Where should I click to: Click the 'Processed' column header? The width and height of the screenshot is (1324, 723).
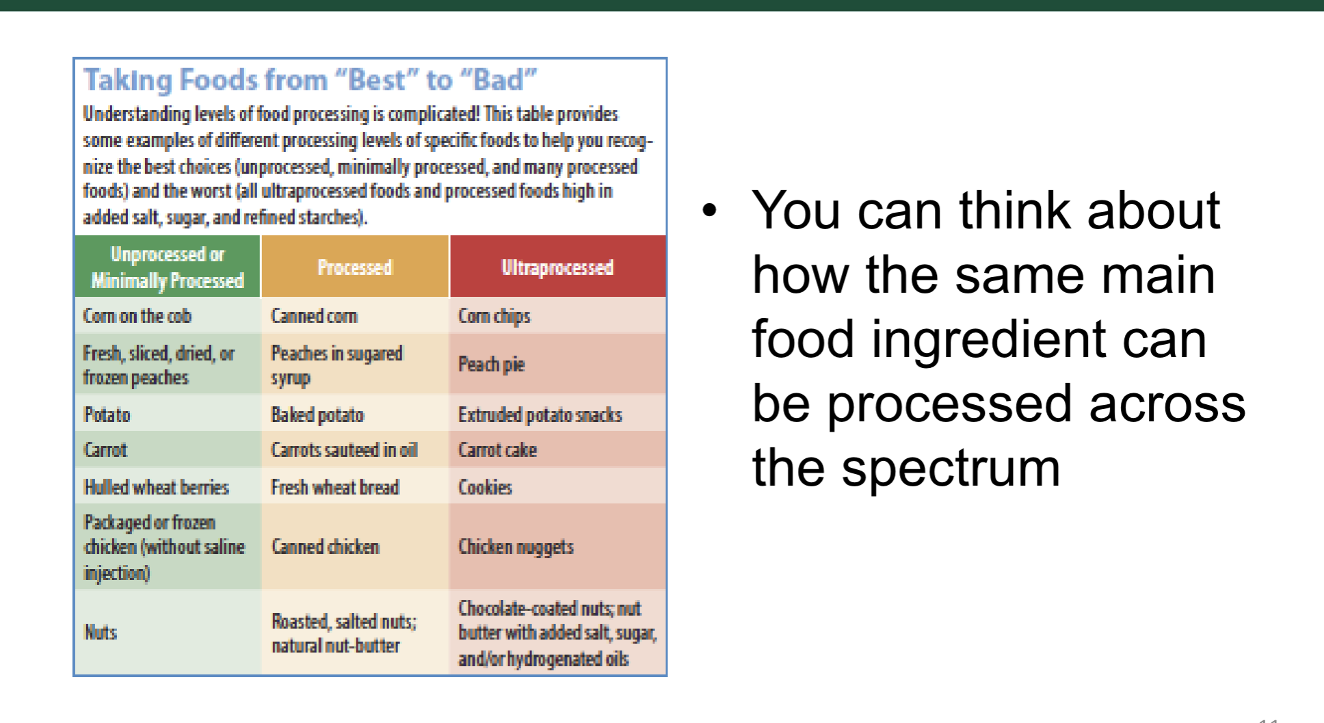click(355, 267)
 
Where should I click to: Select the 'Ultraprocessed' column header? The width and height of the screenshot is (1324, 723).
click(557, 267)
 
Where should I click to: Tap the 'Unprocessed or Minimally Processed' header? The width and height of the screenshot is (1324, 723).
click(168, 267)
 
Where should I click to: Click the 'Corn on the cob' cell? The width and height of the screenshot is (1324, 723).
click(168, 315)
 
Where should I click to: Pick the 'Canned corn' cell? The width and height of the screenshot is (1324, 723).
click(355, 315)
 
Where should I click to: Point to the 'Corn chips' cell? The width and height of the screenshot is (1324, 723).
click(557, 315)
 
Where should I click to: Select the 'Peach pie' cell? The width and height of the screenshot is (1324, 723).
click(557, 364)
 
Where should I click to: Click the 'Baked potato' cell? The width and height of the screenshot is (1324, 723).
click(355, 415)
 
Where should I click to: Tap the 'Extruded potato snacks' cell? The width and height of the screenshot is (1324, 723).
click(557, 415)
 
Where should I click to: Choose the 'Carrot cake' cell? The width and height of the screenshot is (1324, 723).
click(557, 449)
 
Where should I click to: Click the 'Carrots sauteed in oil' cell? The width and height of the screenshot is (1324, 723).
click(355, 449)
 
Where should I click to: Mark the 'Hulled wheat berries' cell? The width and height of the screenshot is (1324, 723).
click(168, 486)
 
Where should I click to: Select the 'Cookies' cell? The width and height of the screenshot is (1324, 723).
click(557, 486)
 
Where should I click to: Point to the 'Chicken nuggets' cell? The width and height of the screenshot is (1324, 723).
click(557, 547)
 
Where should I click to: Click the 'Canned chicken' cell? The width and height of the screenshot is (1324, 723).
click(355, 547)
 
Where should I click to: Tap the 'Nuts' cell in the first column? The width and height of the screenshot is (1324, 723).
click(168, 632)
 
